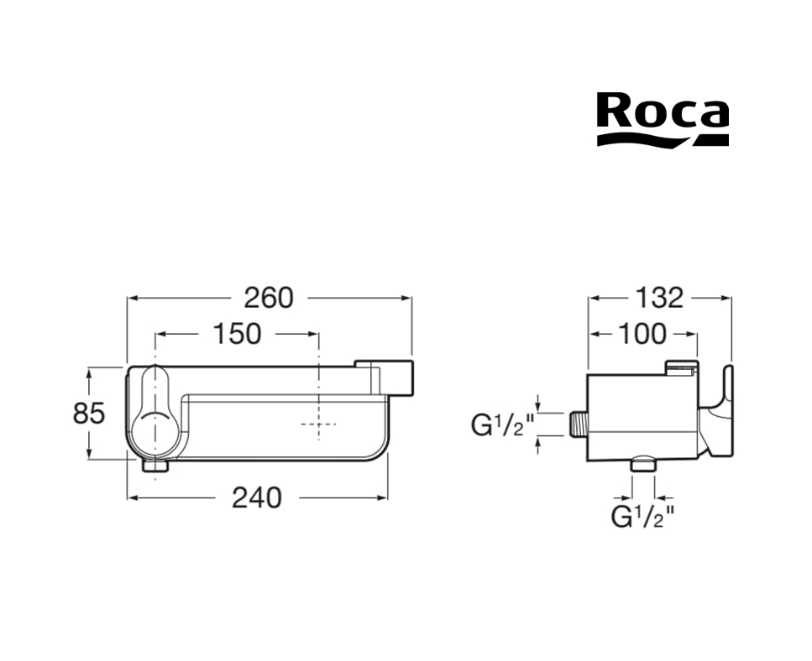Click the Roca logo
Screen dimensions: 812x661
click(663, 119)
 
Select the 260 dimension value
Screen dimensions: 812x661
click(269, 298)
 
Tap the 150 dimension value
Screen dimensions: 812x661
click(237, 334)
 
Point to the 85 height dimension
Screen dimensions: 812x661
click(89, 414)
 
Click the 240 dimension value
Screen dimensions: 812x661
click(257, 497)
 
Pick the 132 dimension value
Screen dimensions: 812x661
click(659, 298)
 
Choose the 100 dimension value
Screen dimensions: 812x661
click(642, 334)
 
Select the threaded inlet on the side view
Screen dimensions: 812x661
click(578, 424)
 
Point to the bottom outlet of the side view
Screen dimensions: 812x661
click(643, 463)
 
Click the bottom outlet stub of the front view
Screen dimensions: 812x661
click(155, 465)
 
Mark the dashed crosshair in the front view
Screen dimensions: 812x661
click(318, 424)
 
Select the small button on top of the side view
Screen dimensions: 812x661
click(682, 367)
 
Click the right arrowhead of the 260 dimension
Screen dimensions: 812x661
click(406, 298)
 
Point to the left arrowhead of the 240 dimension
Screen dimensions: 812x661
click(133, 497)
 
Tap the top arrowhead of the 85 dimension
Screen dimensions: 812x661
click(89, 373)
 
